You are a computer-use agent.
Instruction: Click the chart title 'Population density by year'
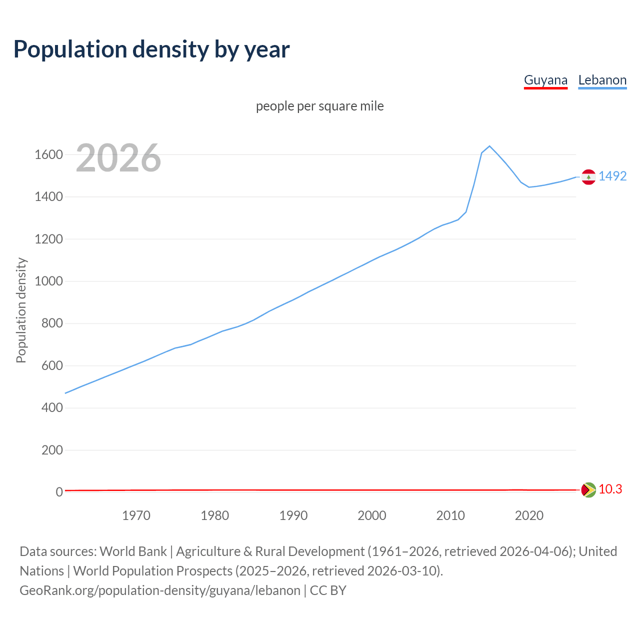[x=151, y=49]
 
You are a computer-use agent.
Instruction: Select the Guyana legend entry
[x=545, y=80]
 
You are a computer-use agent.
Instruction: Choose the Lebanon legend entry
[x=602, y=80]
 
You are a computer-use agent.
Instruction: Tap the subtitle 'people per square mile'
[x=319, y=106]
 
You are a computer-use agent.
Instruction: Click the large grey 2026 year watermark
[x=118, y=158]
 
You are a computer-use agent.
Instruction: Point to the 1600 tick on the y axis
[x=48, y=154]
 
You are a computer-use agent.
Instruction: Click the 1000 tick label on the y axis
[x=48, y=281]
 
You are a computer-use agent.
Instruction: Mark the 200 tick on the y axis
[x=52, y=450]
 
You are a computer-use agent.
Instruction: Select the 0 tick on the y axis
[x=59, y=492]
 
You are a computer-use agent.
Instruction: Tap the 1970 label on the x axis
[x=136, y=515]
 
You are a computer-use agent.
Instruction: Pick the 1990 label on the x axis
[x=293, y=515]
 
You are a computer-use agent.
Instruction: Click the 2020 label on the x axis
[x=529, y=515]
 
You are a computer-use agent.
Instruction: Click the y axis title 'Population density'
[x=21, y=310]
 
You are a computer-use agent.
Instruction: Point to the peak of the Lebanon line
[x=489, y=146]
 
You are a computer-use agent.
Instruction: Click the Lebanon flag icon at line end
[x=588, y=177]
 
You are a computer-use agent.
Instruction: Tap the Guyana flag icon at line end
[x=588, y=489]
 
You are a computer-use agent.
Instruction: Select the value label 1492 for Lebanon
[x=612, y=176]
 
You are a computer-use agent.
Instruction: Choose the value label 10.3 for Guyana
[x=610, y=489]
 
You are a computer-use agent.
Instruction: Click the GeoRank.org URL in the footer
[x=160, y=590]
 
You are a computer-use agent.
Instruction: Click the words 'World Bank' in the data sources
[x=133, y=551]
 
